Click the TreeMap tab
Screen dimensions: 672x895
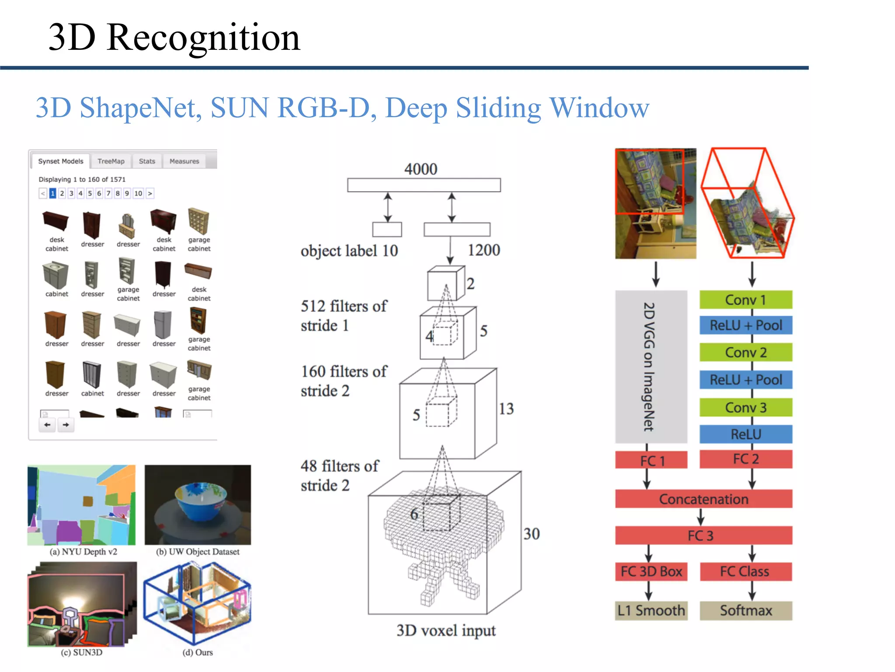(x=111, y=161)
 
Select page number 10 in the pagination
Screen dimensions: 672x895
(x=138, y=193)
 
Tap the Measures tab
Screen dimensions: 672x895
(x=184, y=161)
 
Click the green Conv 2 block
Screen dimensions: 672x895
(x=746, y=352)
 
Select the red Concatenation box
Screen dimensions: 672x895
(x=703, y=499)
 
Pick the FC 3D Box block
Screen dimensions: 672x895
(x=651, y=571)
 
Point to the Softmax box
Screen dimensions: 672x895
(x=746, y=610)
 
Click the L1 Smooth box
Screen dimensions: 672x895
(x=651, y=610)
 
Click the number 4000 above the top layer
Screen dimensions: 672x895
(x=420, y=169)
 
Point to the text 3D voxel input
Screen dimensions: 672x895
(x=446, y=630)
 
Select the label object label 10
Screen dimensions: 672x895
(x=349, y=251)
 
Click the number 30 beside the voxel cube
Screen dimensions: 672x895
(x=531, y=534)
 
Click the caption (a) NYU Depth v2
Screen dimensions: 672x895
(x=83, y=552)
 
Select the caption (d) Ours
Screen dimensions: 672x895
(x=198, y=652)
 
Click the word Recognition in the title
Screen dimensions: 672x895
(x=203, y=38)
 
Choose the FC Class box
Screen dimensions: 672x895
(x=746, y=571)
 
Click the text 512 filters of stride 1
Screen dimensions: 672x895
(x=343, y=315)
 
